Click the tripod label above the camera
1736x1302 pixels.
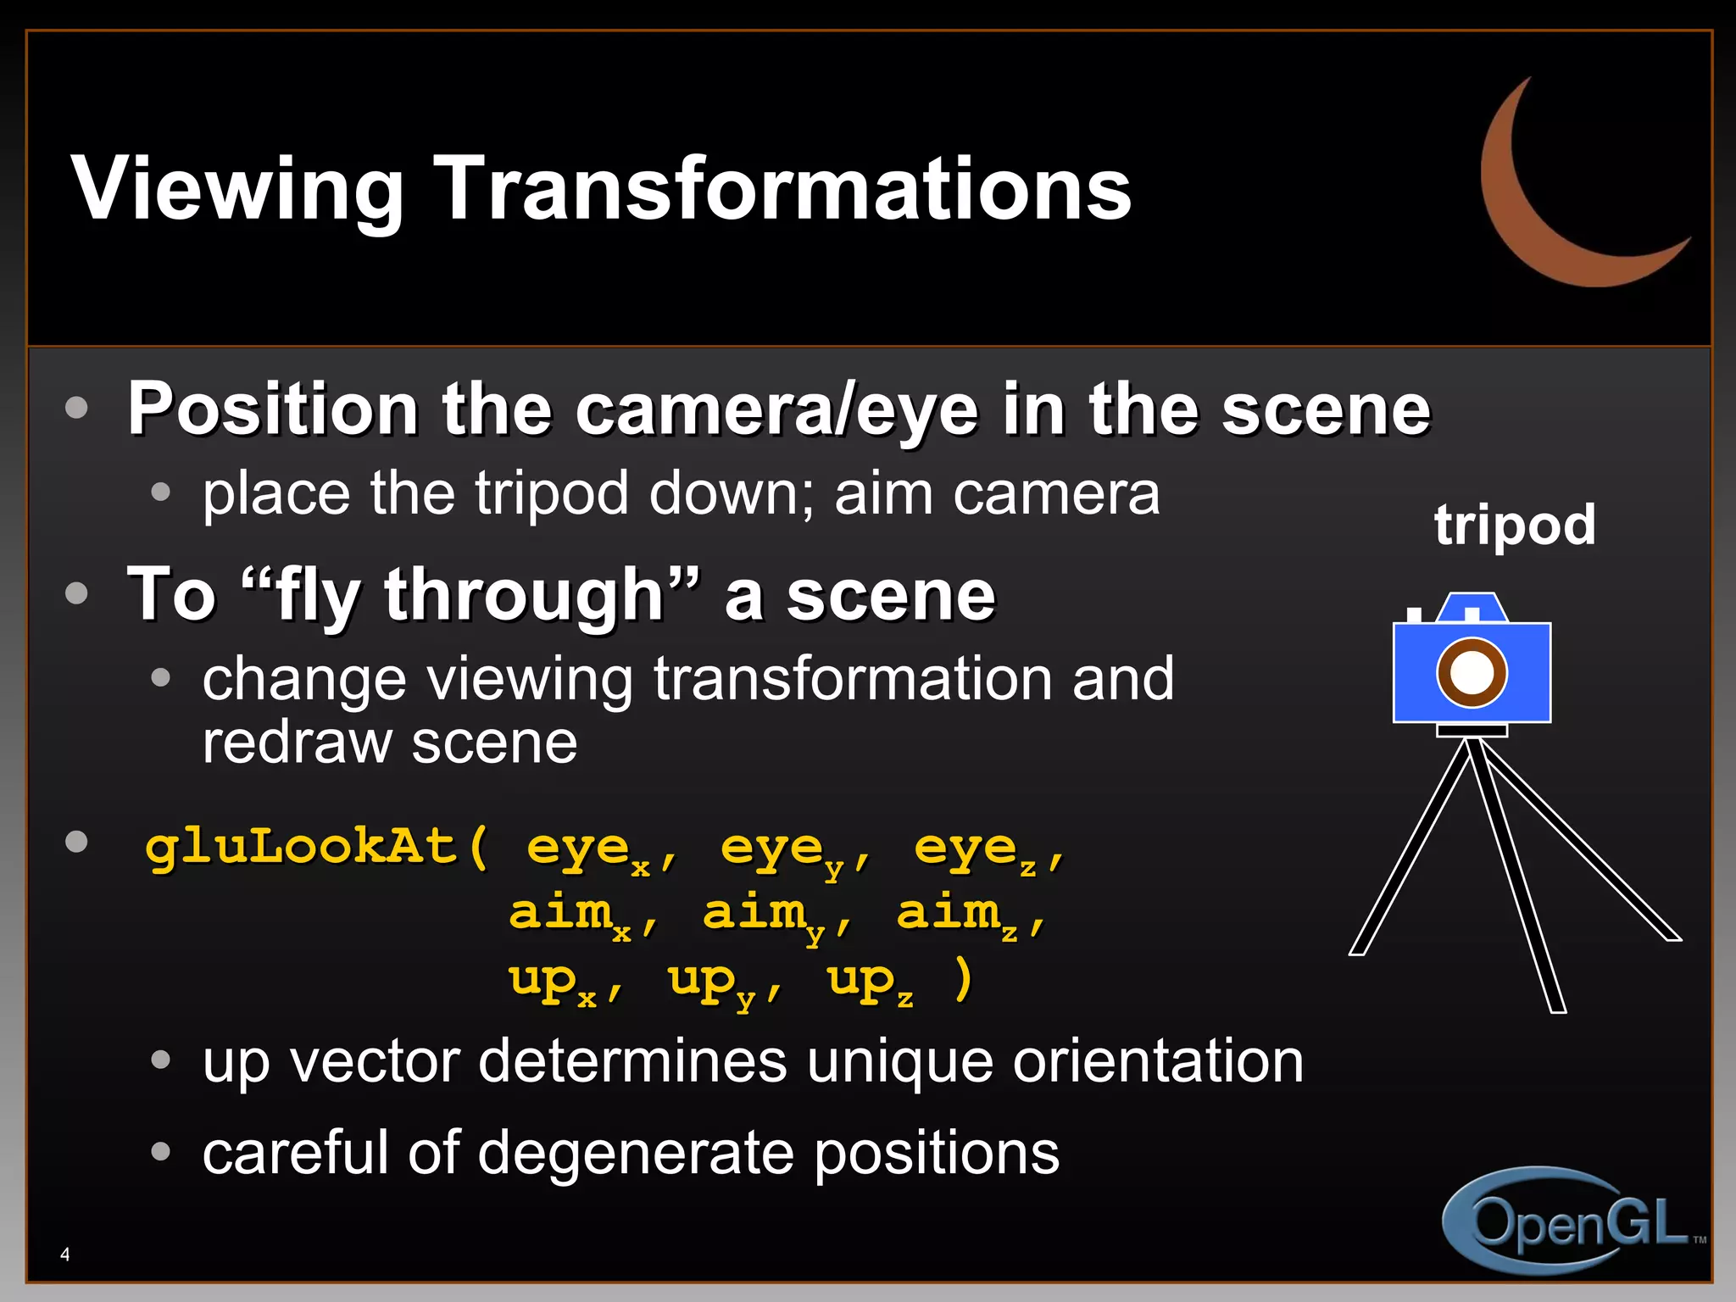tap(1515, 525)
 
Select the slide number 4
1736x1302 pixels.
tap(65, 1254)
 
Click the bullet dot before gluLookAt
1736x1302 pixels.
tap(77, 842)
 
